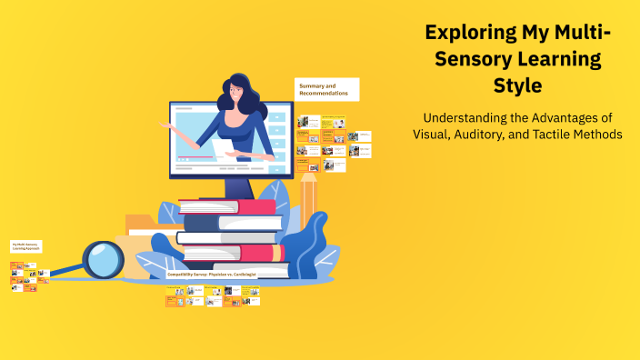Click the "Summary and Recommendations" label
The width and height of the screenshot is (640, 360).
(326, 89)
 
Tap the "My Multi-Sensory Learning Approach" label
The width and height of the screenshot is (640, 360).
(26, 246)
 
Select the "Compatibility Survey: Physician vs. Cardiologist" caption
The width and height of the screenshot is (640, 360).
(212, 274)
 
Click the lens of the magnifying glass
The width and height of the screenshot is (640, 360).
(103, 259)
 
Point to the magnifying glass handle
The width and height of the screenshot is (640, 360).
(64, 271)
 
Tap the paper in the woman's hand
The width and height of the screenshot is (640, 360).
(223, 148)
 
